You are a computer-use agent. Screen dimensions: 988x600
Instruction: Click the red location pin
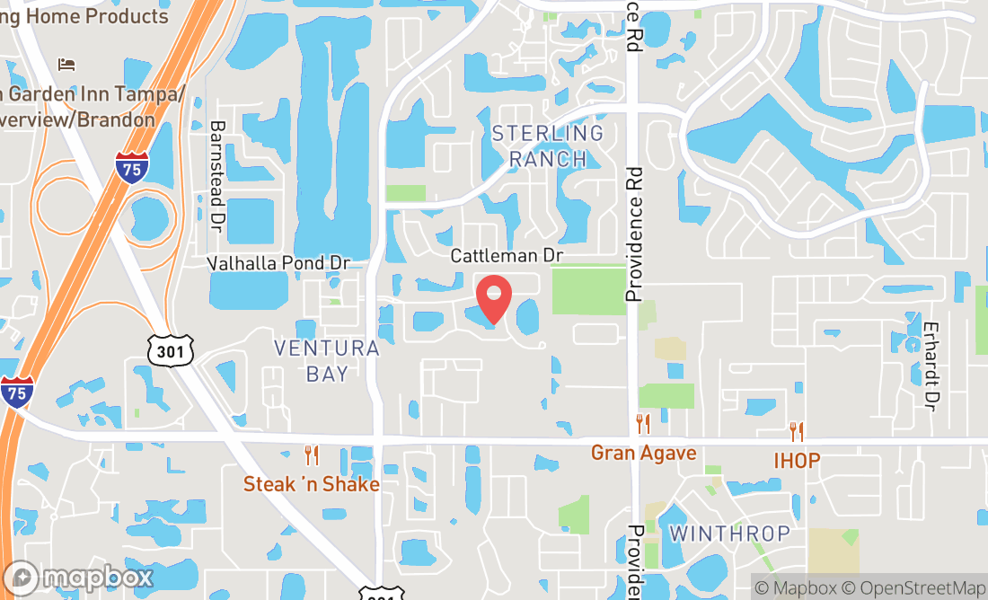pos(492,297)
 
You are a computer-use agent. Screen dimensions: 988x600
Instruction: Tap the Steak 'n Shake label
pos(311,484)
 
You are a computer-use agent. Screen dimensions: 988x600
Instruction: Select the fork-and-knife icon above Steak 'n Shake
pos(312,455)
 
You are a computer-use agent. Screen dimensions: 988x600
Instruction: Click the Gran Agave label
pos(643,453)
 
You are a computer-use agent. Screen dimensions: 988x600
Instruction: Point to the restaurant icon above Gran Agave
pos(643,424)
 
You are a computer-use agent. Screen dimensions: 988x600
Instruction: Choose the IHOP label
pos(797,461)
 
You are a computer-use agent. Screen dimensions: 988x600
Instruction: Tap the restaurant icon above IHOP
pos(797,432)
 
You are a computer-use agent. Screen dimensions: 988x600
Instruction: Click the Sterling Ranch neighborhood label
pos(547,146)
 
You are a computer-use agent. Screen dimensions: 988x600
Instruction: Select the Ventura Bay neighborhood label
pos(326,361)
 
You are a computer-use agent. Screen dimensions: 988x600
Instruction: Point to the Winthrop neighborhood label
pos(729,534)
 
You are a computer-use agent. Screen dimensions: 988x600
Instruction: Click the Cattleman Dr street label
pos(506,256)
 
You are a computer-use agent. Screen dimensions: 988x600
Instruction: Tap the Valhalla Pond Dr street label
pos(278,263)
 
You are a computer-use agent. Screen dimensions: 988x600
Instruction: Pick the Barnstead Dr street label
pos(216,173)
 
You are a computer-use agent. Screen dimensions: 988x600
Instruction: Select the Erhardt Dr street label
pos(931,366)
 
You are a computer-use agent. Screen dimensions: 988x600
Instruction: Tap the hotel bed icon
pos(66,64)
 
